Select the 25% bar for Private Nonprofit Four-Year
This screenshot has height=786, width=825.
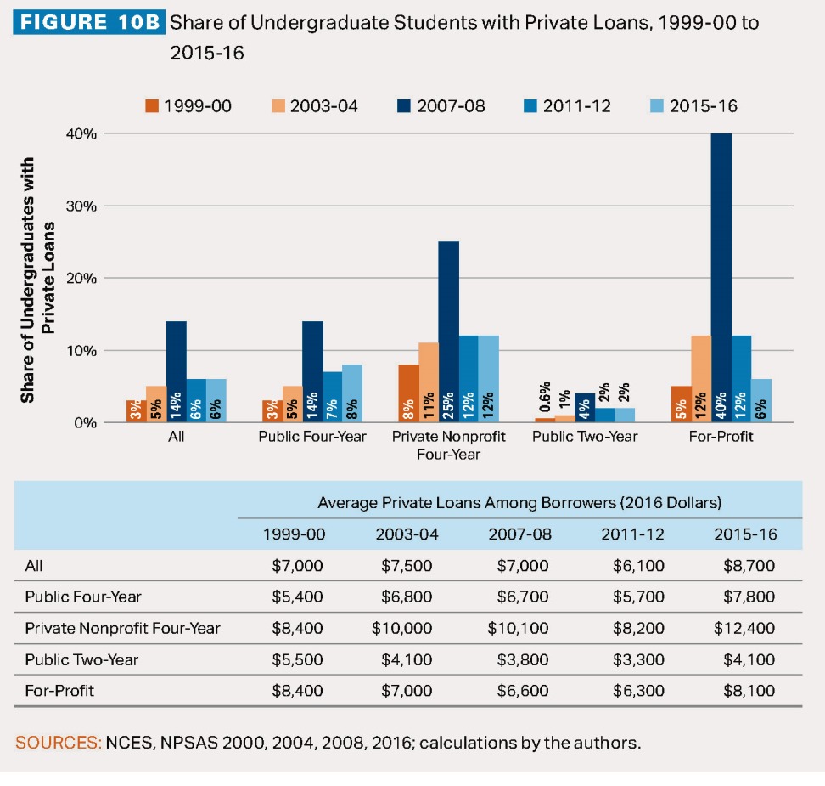(448, 331)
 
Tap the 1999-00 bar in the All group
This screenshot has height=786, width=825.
(136, 411)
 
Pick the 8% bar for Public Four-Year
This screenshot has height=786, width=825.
(352, 393)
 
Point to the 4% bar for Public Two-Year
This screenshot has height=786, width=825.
(584, 408)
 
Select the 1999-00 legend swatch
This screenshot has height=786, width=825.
(152, 106)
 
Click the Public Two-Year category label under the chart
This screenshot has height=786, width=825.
(584, 437)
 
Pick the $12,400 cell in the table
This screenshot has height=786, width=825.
(744, 629)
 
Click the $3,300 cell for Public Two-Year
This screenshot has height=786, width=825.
(638, 659)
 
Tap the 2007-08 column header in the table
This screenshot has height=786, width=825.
(519, 534)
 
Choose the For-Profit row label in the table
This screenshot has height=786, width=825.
(59, 691)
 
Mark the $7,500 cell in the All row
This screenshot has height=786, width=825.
(404, 565)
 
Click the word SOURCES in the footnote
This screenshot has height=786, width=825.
(58, 743)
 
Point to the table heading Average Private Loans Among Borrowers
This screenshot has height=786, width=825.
(519, 503)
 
